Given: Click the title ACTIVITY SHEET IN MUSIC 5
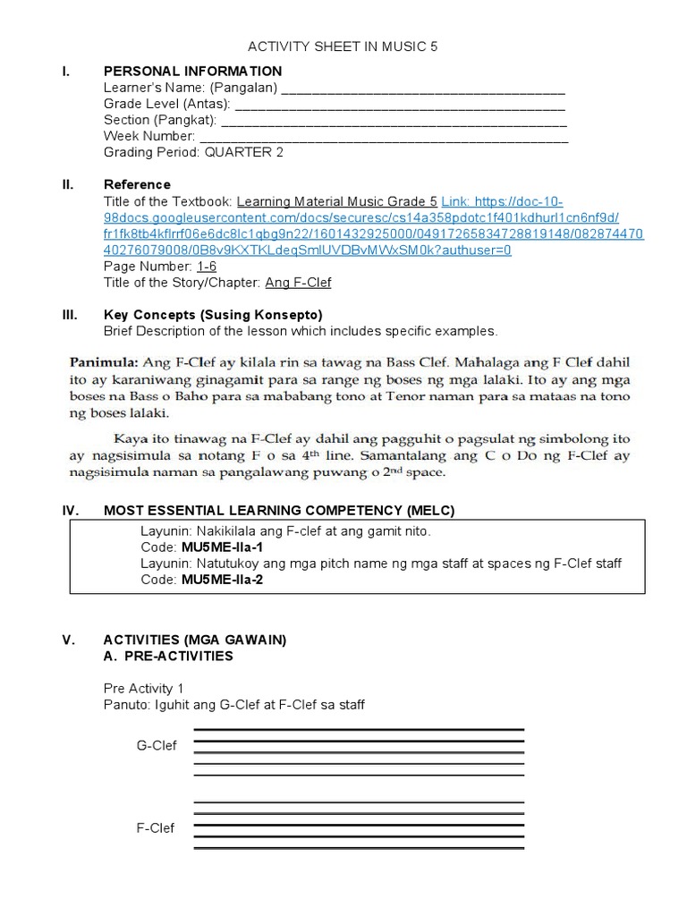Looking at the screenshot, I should (343, 47).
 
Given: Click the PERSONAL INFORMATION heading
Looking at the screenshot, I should (192, 72).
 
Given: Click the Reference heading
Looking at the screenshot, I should (137, 185).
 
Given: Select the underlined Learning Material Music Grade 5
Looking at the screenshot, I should (336, 201).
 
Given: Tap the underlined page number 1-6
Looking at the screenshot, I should (207, 267).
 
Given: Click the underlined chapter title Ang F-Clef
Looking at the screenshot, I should (298, 283).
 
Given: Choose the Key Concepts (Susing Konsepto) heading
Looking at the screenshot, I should (213, 315).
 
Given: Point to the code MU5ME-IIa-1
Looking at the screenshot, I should (223, 547).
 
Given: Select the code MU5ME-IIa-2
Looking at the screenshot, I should (223, 579).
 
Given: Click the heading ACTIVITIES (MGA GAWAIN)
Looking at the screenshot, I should (194, 640).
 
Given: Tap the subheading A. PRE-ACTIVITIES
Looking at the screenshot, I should (168, 656).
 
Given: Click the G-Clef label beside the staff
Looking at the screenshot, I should (157, 746).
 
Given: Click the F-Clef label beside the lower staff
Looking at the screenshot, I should (156, 828).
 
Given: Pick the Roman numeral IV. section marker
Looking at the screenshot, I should (70, 511).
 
